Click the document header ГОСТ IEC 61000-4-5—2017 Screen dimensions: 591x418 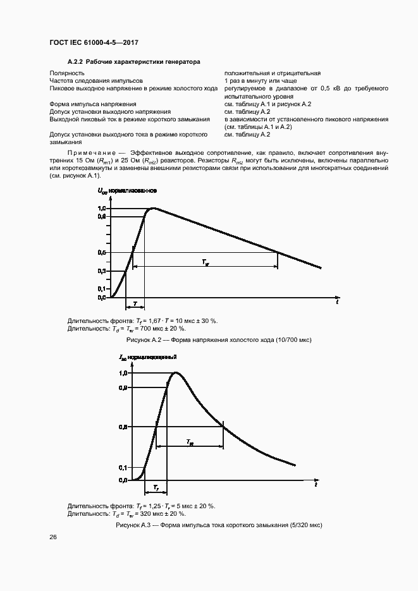click(94, 42)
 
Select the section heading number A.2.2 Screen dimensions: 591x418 click(76, 63)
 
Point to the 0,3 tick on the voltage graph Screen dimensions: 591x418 click(102, 271)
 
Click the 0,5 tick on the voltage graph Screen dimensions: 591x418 click(102, 252)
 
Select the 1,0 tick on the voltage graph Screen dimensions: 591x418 click(102, 209)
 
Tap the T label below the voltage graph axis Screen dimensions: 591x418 click(135, 305)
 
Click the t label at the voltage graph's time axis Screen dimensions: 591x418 click(337, 303)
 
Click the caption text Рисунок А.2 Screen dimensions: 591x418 click(145, 340)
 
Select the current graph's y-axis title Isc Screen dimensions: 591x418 click(123, 358)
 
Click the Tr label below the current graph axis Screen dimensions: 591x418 click(156, 488)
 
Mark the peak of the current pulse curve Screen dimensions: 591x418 click(175, 373)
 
